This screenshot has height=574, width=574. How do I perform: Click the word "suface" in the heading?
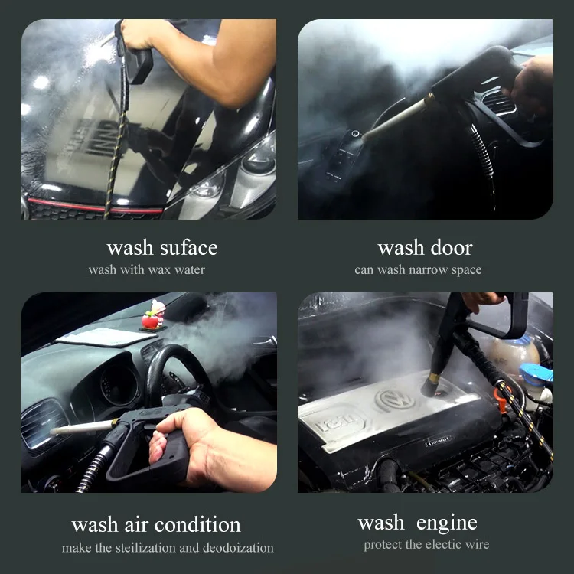[x=189, y=248]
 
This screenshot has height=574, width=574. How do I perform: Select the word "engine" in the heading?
[x=447, y=523]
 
